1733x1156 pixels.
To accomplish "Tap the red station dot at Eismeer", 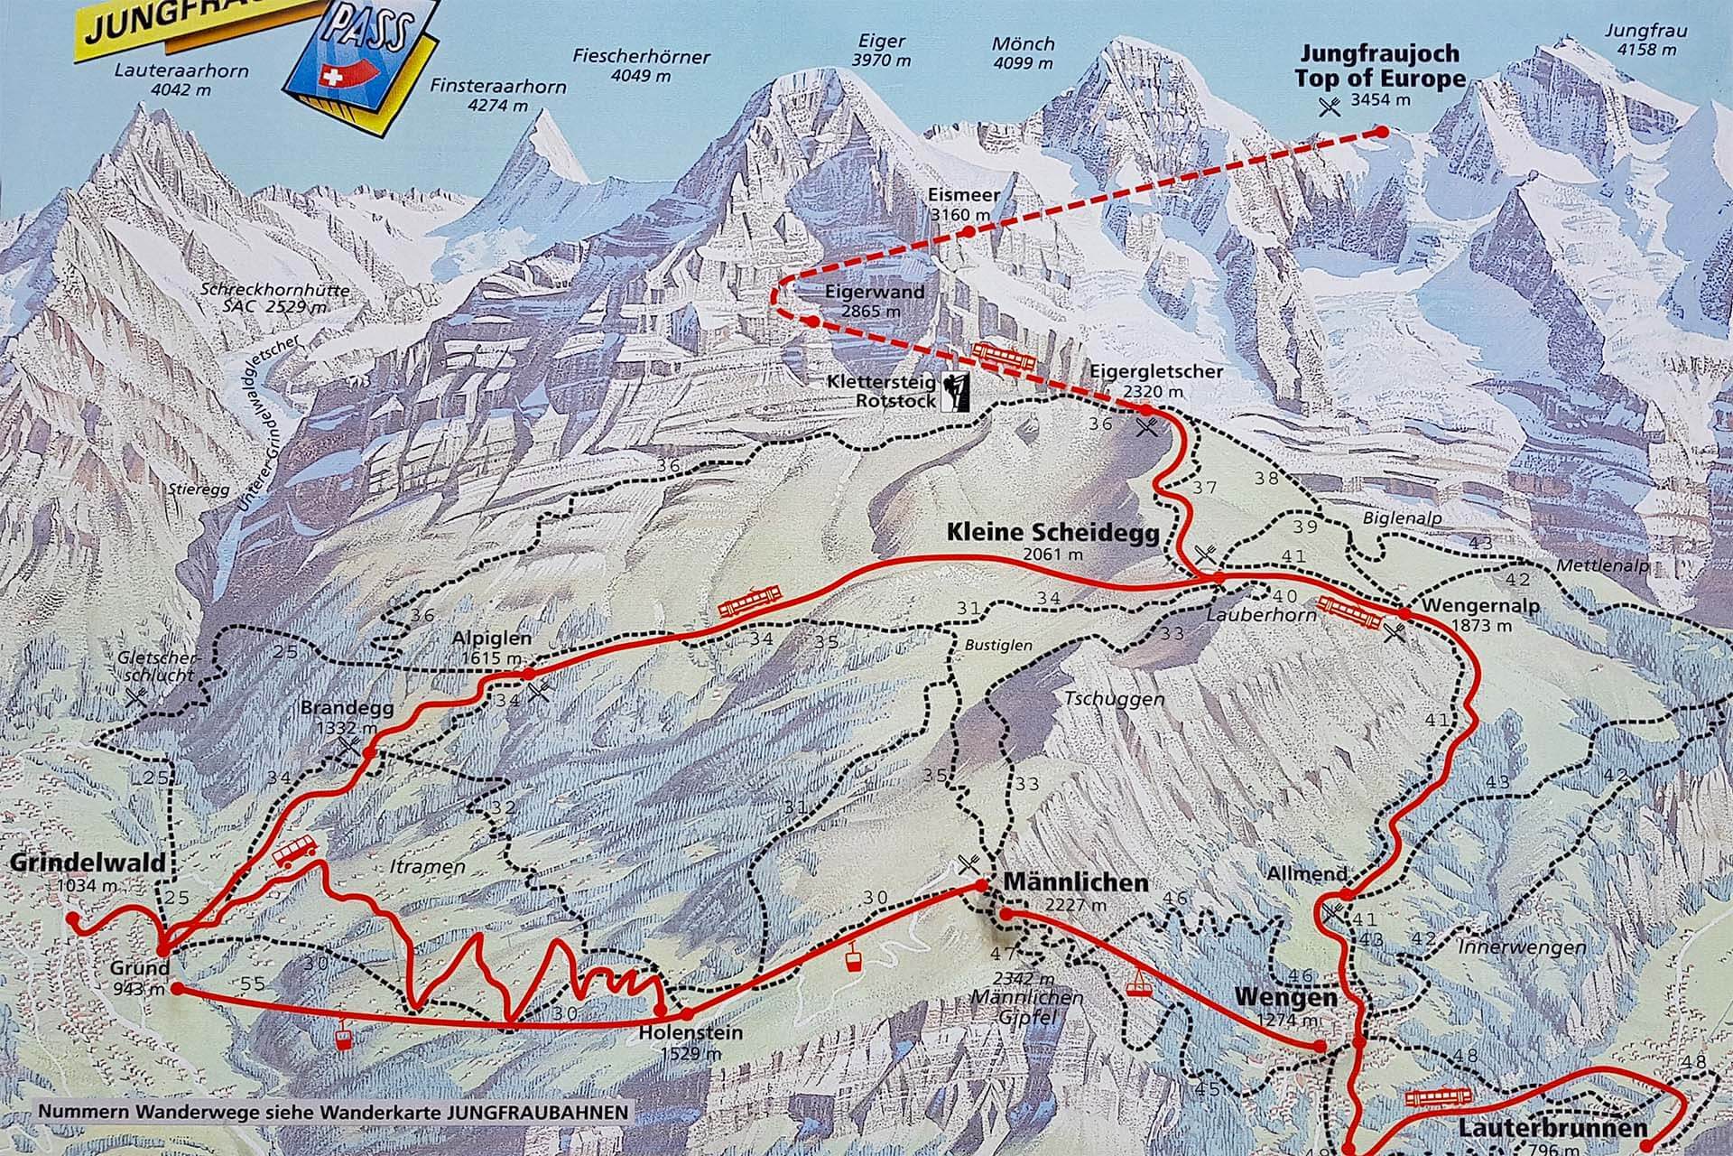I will (968, 231).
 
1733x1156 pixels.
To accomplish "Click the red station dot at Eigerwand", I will (813, 321).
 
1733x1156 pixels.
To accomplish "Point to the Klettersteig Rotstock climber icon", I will (953, 391).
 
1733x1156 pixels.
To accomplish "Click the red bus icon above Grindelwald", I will (294, 851).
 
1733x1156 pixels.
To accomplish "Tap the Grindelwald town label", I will (88, 862).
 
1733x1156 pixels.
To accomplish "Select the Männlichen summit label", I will (1075, 881).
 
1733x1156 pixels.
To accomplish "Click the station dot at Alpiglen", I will (529, 674).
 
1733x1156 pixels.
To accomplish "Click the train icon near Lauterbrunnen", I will (1440, 1097).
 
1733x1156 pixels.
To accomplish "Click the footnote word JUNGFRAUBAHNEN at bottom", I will (535, 1112).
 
